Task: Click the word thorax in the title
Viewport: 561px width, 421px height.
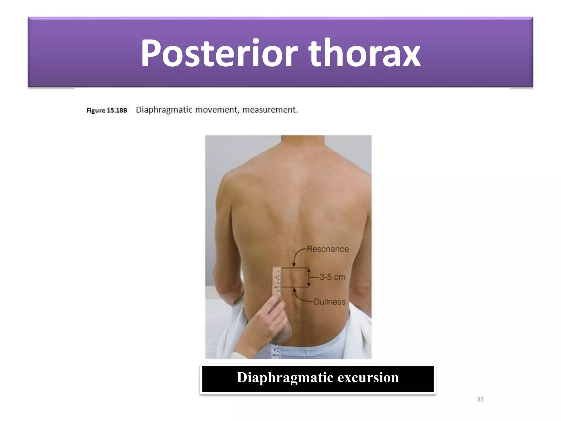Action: click(364, 53)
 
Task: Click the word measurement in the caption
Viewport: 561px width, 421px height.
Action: click(270, 110)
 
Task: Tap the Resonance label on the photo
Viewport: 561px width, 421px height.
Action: click(328, 249)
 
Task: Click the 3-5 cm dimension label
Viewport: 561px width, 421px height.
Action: click(332, 277)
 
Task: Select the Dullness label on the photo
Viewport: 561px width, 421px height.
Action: click(329, 302)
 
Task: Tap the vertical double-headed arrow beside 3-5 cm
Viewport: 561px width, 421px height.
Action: click(309, 277)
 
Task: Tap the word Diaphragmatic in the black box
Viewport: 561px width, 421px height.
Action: click(285, 378)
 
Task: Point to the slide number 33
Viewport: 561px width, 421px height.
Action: click(480, 399)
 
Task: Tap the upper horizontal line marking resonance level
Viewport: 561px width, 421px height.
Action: click(295, 268)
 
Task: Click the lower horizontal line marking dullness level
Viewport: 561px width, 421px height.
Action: click(295, 287)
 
